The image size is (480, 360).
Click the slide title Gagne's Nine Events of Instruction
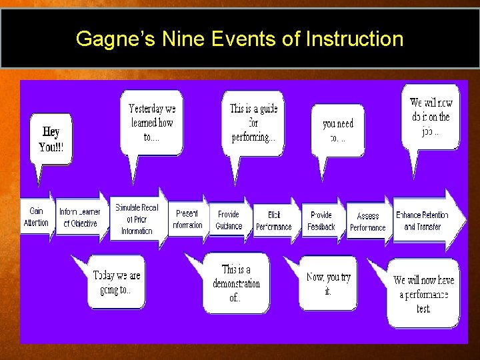[239, 39]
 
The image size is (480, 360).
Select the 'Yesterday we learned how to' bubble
[151, 122]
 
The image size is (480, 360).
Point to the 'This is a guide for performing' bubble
[253, 123]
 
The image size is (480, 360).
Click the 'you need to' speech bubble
[338, 131]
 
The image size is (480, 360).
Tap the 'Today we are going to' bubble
[117, 281]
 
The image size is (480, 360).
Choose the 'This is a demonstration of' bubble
[236, 283]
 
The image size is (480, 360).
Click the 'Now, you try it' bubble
[327, 283]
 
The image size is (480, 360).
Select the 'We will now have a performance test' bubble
[423, 293]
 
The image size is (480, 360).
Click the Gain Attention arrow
[36, 217]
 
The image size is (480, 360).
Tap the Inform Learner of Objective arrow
[80, 217]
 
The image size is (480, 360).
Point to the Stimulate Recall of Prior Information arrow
[137, 219]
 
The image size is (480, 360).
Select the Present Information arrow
[187, 219]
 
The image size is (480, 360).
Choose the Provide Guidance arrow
[229, 220]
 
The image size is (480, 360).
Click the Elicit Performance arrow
[274, 221]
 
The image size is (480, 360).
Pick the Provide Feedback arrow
[321, 221]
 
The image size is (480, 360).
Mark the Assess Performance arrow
[368, 221]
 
